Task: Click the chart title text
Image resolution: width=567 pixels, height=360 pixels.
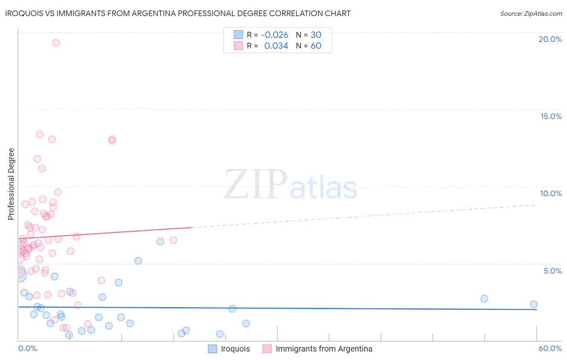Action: coord(178,13)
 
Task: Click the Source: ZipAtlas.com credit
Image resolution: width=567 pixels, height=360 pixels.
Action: coord(531,13)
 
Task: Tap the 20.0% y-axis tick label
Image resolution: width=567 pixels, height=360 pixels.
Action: coord(550,39)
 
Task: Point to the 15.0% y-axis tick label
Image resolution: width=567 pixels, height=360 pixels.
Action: coord(551,116)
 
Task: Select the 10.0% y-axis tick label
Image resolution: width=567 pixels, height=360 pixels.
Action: coord(551,193)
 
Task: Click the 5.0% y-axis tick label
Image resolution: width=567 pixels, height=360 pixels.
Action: coord(552,271)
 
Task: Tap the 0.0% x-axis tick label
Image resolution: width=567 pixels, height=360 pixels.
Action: coord(27,348)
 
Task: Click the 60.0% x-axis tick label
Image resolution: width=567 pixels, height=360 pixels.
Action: coord(550,348)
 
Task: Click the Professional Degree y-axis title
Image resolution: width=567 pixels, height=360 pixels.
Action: coord(11,184)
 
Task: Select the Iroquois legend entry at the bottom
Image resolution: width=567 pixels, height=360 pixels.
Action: coord(235,349)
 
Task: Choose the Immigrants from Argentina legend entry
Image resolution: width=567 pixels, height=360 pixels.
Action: coord(323,349)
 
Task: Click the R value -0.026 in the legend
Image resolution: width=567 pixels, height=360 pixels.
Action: coord(274,35)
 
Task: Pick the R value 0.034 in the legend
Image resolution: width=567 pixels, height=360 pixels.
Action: coord(276,46)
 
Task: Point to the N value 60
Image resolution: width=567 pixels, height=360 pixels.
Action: coord(316,46)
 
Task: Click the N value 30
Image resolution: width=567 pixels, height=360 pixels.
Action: coord(316,35)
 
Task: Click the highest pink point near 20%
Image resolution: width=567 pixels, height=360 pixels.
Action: coord(56,43)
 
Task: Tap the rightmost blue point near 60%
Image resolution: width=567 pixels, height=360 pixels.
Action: coord(534,304)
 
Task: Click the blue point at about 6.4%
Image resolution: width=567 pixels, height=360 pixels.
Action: coord(160,242)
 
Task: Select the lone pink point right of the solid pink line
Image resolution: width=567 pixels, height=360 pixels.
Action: coord(173,240)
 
